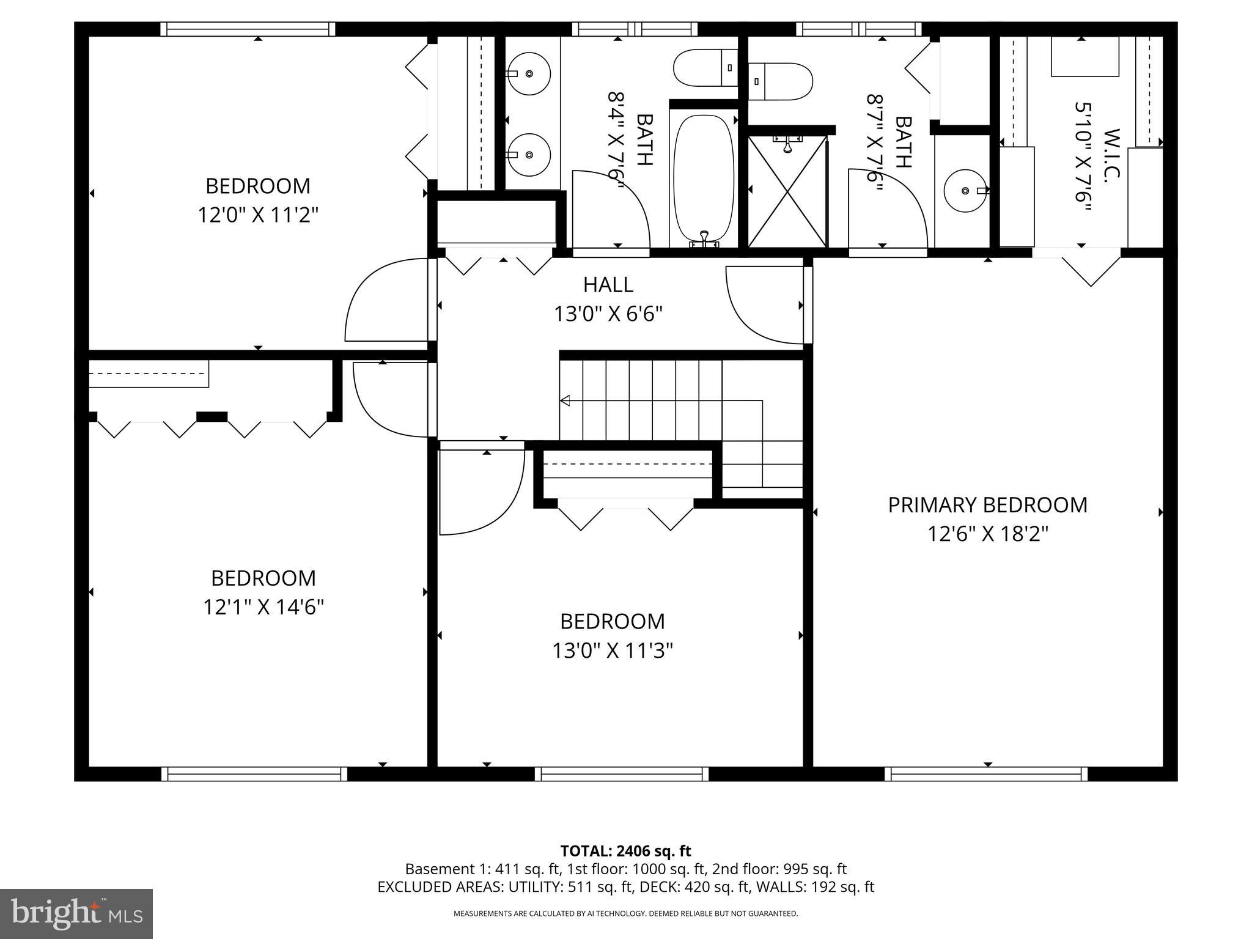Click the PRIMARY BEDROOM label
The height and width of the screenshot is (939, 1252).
click(x=987, y=505)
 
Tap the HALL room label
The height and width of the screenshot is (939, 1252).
click(x=608, y=285)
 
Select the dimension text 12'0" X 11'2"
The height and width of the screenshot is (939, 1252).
click(x=258, y=215)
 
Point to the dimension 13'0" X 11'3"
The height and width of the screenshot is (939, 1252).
click(x=613, y=650)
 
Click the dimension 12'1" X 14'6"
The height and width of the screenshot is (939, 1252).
click(x=263, y=607)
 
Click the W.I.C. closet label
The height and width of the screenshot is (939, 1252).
click(x=1111, y=154)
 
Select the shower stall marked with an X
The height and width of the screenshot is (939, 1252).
click(x=787, y=191)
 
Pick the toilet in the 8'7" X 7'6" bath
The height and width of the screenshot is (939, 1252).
click(x=780, y=81)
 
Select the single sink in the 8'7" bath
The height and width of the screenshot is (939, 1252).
click(x=965, y=191)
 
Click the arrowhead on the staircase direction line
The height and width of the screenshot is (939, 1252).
click(x=565, y=401)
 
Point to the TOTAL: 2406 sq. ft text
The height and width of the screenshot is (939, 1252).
click(x=625, y=851)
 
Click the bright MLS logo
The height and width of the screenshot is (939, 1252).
click(x=76, y=913)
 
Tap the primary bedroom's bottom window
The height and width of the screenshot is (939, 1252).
click(x=986, y=774)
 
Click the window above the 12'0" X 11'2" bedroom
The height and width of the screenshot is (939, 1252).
click(x=248, y=29)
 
